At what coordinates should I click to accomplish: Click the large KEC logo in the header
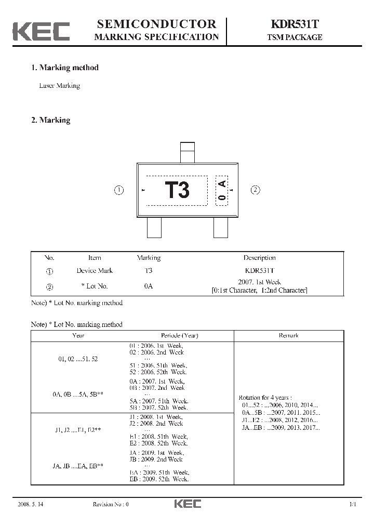pos(41,31)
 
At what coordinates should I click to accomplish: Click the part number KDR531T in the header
pos(295,24)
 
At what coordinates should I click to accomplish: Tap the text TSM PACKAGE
pos(295,37)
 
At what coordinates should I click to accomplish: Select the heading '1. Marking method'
pos(65,68)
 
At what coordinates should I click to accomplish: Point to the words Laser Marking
pos(60,86)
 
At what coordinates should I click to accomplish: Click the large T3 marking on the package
pos(177,190)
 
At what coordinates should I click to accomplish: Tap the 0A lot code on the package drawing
pos(222,191)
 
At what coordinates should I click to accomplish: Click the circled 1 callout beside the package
pos(119,190)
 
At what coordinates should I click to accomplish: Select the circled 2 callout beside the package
pos(255,190)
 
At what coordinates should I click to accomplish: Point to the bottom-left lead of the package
pos(154,228)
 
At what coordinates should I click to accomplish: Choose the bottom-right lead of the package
pos(221,228)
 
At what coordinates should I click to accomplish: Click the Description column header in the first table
pos(259,257)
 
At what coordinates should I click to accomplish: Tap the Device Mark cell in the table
pos(95,270)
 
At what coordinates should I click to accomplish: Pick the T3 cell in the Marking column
pos(149,270)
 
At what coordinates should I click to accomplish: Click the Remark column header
pos(288,336)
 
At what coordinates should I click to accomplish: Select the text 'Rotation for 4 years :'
pos(269,397)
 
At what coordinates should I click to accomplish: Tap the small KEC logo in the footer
pos(187,504)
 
